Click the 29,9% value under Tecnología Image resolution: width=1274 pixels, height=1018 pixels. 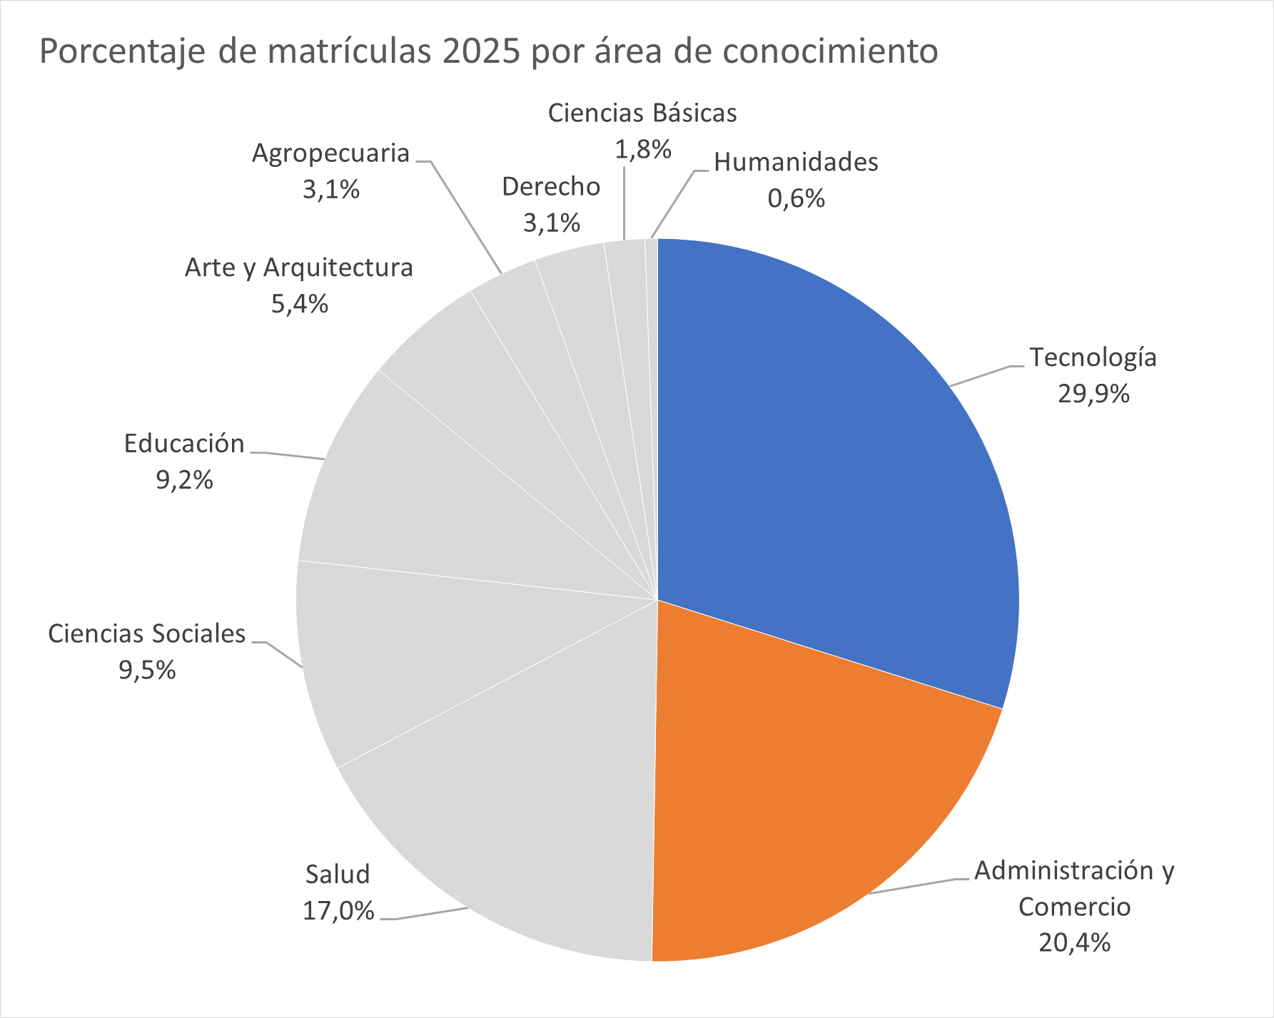point(1093,394)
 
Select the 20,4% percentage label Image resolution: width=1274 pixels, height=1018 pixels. point(1074,943)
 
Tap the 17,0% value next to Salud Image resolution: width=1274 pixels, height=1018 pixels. point(338,911)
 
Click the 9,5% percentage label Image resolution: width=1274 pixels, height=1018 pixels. point(147,671)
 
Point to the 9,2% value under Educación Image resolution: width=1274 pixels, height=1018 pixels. point(184,481)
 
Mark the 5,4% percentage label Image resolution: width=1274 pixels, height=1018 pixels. point(299,305)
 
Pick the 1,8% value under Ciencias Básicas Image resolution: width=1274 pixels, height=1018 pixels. point(642,150)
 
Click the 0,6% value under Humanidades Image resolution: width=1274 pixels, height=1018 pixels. point(796,198)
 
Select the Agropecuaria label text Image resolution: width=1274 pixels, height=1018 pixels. point(330,153)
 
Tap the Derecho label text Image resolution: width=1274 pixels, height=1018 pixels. point(551,187)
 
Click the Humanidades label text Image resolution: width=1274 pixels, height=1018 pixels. point(796,163)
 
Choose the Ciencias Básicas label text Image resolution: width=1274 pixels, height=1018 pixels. point(642,113)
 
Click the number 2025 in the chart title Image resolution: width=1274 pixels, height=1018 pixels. point(480,51)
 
